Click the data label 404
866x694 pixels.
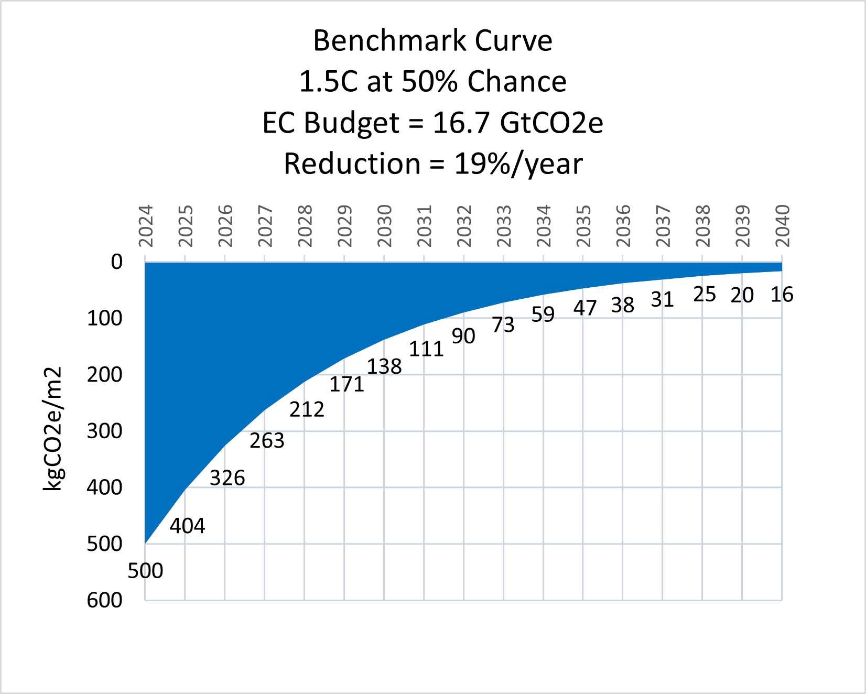coord(187,526)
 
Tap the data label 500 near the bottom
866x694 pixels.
coord(145,571)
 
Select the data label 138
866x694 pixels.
coord(384,366)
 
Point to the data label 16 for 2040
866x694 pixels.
coord(782,295)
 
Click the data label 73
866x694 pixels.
coord(503,325)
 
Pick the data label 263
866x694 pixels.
coord(267,441)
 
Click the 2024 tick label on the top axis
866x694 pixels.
coord(146,226)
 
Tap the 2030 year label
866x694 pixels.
coord(385,226)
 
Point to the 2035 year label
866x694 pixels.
coord(583,226)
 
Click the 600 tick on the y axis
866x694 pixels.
coord(105,600)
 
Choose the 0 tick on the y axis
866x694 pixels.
coord(116,262)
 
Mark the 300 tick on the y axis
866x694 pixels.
coord(105,431)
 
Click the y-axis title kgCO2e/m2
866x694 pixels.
coord(52,429)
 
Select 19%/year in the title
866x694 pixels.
coord(518,164)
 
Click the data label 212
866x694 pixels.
coord(307,409)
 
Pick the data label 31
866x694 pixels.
coord(662,299)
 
